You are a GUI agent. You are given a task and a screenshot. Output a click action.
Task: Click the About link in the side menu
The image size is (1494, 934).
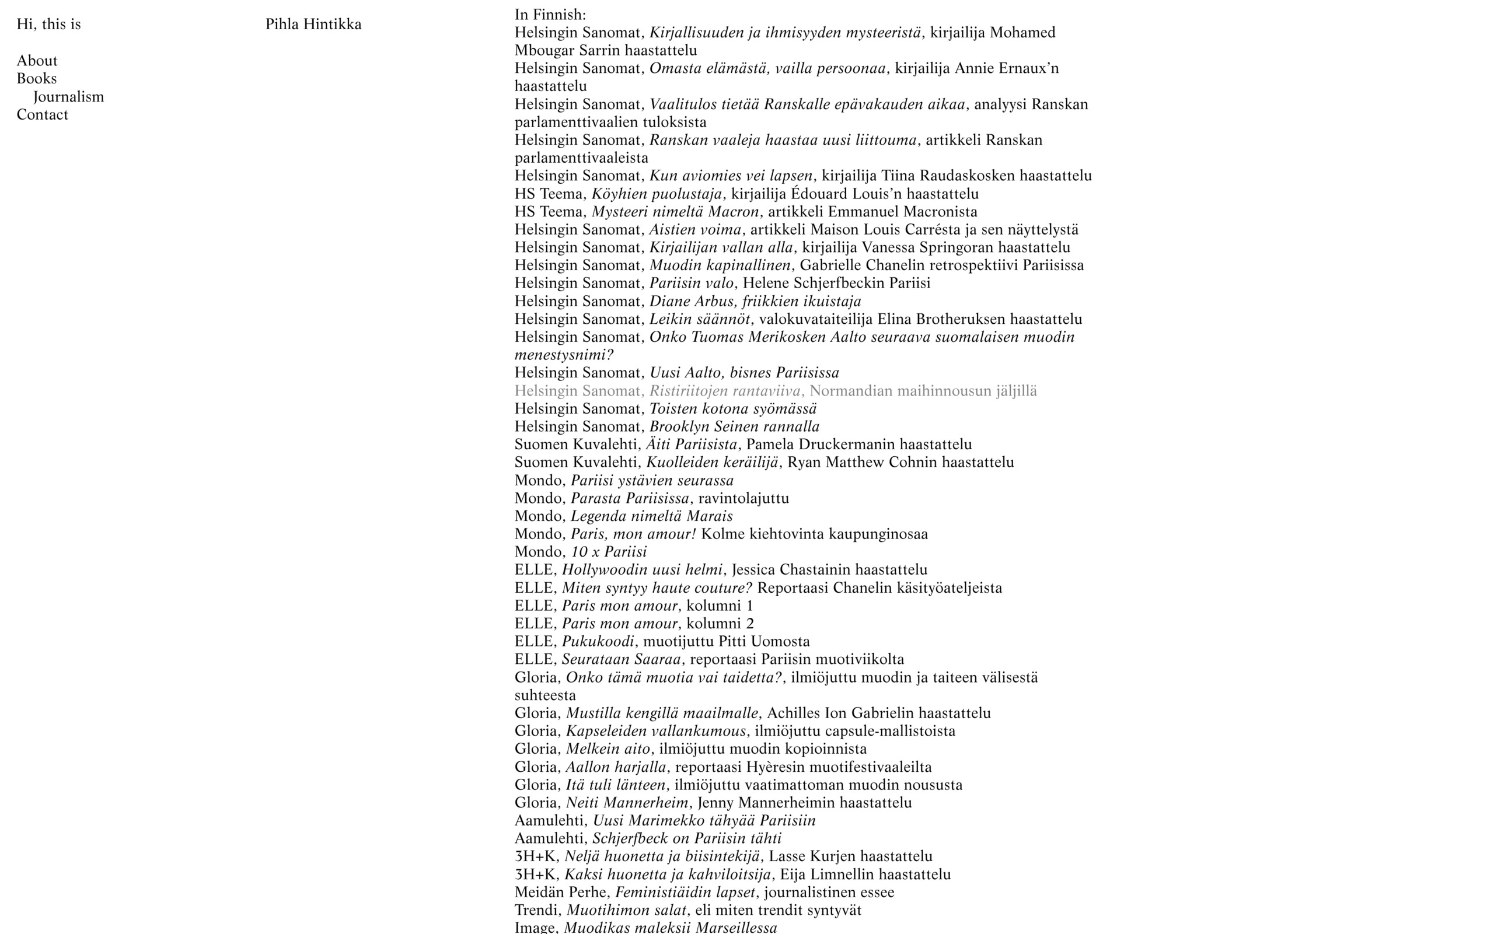[37, 61]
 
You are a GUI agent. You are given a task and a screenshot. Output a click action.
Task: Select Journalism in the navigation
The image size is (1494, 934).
[69, 97]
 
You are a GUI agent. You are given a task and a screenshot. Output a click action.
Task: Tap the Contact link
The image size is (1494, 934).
[42, 115]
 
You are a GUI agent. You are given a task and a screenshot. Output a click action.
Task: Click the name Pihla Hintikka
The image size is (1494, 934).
[313, 24]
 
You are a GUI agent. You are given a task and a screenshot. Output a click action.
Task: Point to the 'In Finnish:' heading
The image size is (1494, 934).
[550, 14]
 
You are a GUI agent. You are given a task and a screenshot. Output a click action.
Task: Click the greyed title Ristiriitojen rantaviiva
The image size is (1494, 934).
[725, 391]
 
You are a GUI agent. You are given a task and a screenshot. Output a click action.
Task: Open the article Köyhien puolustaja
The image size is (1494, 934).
[656, 194]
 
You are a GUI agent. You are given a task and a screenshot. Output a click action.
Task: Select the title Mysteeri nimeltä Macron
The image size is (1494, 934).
[675, 212]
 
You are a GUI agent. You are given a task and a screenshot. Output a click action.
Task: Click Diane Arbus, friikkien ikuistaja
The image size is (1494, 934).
[755, 302]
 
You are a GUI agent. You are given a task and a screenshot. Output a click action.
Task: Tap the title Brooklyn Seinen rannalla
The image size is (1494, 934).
[734, 427]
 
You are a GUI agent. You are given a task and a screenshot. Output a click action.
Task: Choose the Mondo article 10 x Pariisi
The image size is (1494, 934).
[609, 552]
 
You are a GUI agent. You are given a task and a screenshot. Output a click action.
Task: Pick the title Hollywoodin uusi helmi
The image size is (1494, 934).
[641, 569]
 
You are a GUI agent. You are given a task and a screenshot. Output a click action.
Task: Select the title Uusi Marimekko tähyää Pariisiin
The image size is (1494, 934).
[704, 820]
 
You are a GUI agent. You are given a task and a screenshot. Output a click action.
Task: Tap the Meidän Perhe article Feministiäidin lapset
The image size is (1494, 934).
[685, 892]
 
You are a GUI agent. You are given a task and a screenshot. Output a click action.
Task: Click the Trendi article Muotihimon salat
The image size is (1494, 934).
[626, 910]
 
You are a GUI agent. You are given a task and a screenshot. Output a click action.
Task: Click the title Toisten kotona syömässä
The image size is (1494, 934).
[733, 409]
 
